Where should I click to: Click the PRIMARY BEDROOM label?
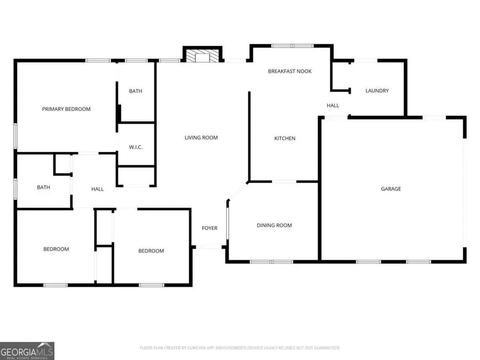[x=66, y=109]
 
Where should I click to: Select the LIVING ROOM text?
[x=201, y=138]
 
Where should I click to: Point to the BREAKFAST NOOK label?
[x=290, y=71]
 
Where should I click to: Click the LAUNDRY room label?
[x=377, y=91]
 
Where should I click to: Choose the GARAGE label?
[x=390, y=189]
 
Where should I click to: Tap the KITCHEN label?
[x=284, y=139]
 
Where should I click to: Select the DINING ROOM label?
[x=274, y=225]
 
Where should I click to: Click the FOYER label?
[x=209, y=228]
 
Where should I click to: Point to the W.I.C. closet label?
[x=135, y=147]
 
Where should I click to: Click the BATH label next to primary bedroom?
[x=135, y=91]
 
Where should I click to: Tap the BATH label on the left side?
[x=43, y=187]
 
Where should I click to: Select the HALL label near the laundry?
[x=333, y=106]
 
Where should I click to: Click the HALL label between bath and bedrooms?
[x=97, y=189]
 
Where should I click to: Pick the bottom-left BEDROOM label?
[x=56, y=249]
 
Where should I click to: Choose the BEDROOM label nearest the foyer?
[x=151, y=251]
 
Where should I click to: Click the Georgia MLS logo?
[x=27, y=351]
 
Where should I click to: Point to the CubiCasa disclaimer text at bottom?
[x=239, y=348]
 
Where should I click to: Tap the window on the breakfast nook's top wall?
[x=292, y=46]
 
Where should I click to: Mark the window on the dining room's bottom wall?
[x=271, y=262]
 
